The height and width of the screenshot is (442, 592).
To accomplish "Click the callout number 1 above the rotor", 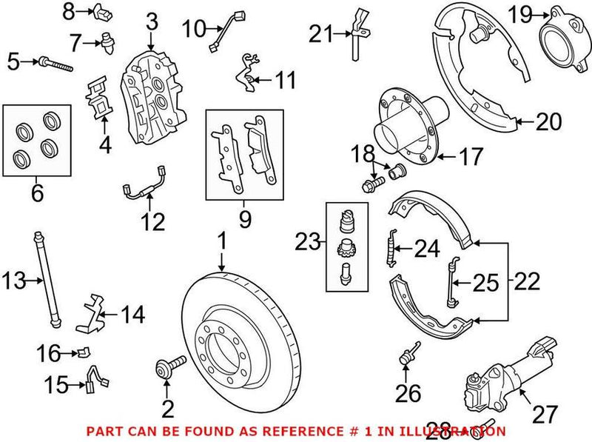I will [221, 241].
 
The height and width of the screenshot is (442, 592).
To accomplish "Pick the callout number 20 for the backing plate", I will [548, 121].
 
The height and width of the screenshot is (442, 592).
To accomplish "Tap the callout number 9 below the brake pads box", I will [245, 218].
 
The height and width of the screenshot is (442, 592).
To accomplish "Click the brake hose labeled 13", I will [46, 281].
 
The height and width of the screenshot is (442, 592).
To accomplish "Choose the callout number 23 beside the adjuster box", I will [308, 241].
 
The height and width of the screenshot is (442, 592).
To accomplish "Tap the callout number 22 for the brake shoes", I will [526, 281].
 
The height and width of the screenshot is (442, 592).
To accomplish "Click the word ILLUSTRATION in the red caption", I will [460, 431].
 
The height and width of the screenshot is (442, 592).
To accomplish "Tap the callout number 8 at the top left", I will [68, 11].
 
